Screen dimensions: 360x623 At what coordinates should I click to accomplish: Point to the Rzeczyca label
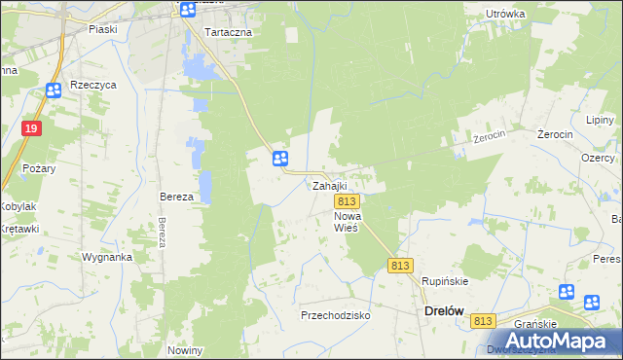click(93, 85)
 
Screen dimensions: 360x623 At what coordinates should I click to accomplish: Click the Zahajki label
click(329, 185)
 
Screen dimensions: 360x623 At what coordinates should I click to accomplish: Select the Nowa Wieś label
click(348, 221)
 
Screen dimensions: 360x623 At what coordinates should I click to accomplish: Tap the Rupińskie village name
click(445, 281)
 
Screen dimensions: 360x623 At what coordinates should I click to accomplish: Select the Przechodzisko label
click(336, 315)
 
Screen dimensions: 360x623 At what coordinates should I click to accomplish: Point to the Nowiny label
click(185, 350)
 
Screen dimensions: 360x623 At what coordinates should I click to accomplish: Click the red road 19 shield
click(33, 128)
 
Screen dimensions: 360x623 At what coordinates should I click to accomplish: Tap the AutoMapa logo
click(551, 341)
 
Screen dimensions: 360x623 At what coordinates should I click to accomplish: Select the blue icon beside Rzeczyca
click(54, 90)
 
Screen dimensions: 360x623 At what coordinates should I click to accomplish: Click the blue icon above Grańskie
click(567, 292)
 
